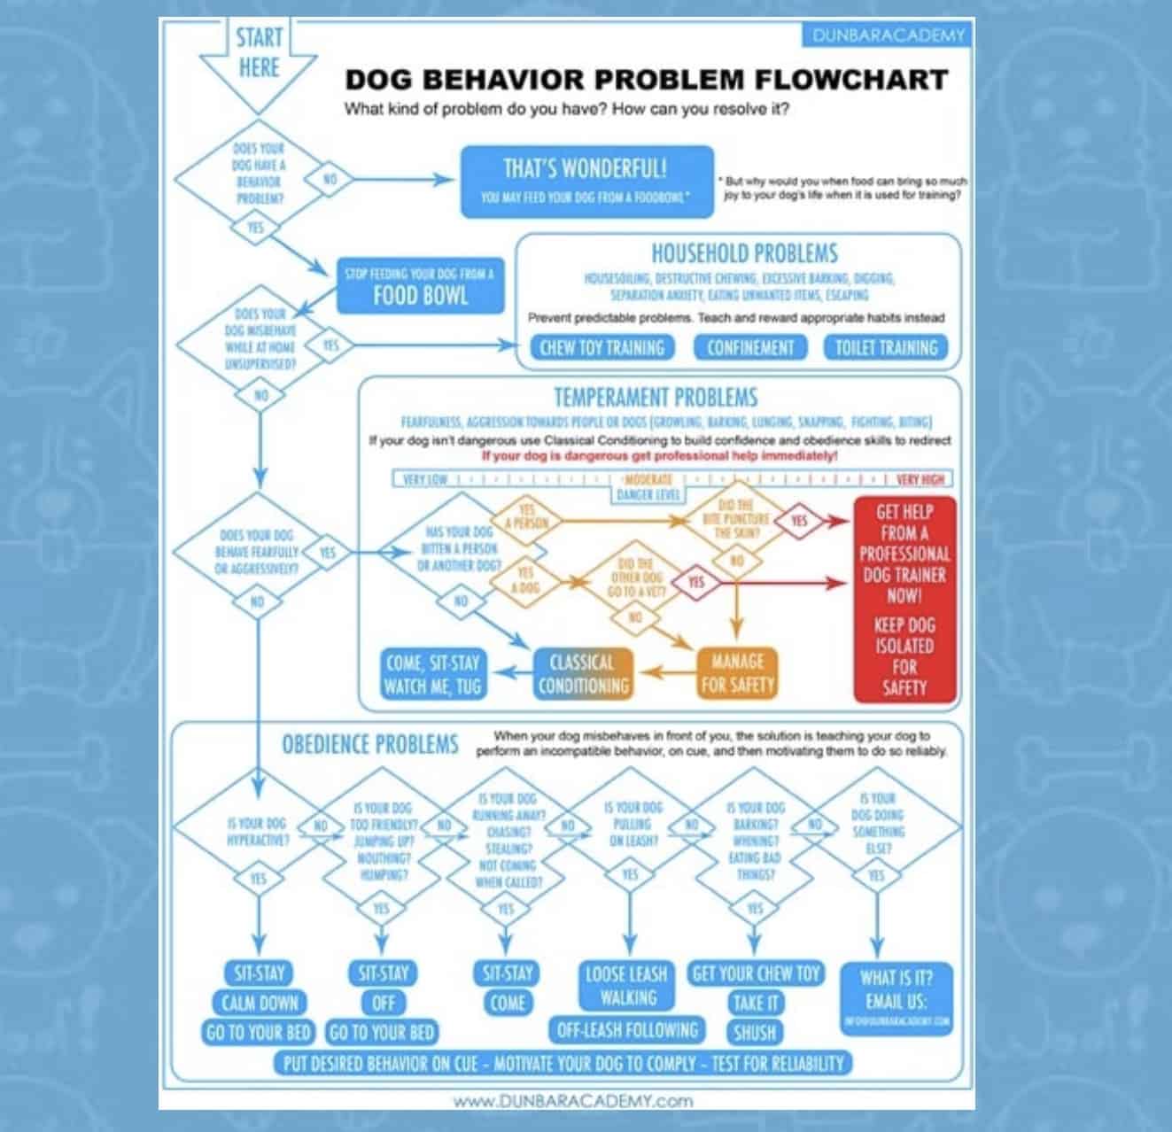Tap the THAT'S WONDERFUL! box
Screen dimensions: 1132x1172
[x=586, y=182]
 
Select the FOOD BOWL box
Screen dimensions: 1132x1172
[x=419, y=285]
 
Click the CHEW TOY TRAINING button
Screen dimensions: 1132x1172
[x=602, y=347]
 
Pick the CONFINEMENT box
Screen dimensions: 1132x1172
[x=749, y=347]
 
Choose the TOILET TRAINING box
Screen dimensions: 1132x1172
[x=886, y=347]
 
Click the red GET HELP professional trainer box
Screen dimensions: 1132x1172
[x=904, y=599]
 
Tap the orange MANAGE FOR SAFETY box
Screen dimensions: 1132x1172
[x=737, y=673]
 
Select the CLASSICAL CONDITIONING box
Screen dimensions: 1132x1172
[x=583, y=673]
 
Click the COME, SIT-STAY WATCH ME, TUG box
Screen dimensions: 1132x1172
[x=432, y=673]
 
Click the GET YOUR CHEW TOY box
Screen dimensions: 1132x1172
[x=756, y=973]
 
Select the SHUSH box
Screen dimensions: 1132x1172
[x=755, y=1032]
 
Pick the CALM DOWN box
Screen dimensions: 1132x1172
[x=259, y=1003]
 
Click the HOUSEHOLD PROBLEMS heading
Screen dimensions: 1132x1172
[x=744, y=253]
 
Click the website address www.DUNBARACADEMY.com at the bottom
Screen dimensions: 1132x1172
[x=572, y=1101]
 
